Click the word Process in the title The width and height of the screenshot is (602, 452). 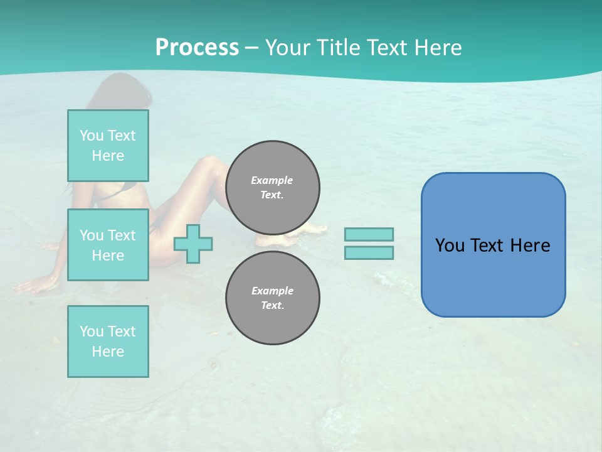click(x=197, y=48)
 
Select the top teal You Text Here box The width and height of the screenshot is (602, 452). click(x=108, y=146)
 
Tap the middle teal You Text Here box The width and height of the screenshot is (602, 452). click(x=108, y=245)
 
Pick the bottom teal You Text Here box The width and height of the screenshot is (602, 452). click(x=108, y=342)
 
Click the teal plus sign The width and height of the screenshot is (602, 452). click(x=193, y=244)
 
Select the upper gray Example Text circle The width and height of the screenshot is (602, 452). click(x=273, y=188)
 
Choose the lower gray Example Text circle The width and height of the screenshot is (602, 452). click(x=273, y=298)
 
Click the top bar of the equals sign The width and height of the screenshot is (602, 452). click(x=369, y=234)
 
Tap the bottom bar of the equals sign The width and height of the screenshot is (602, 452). click(x=369, y=253)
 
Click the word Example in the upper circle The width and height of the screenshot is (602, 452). click(x=272, y=180)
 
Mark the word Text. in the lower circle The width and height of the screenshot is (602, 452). click(x=273, y=306)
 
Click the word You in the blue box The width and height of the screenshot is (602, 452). click(x=450, y=245)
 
